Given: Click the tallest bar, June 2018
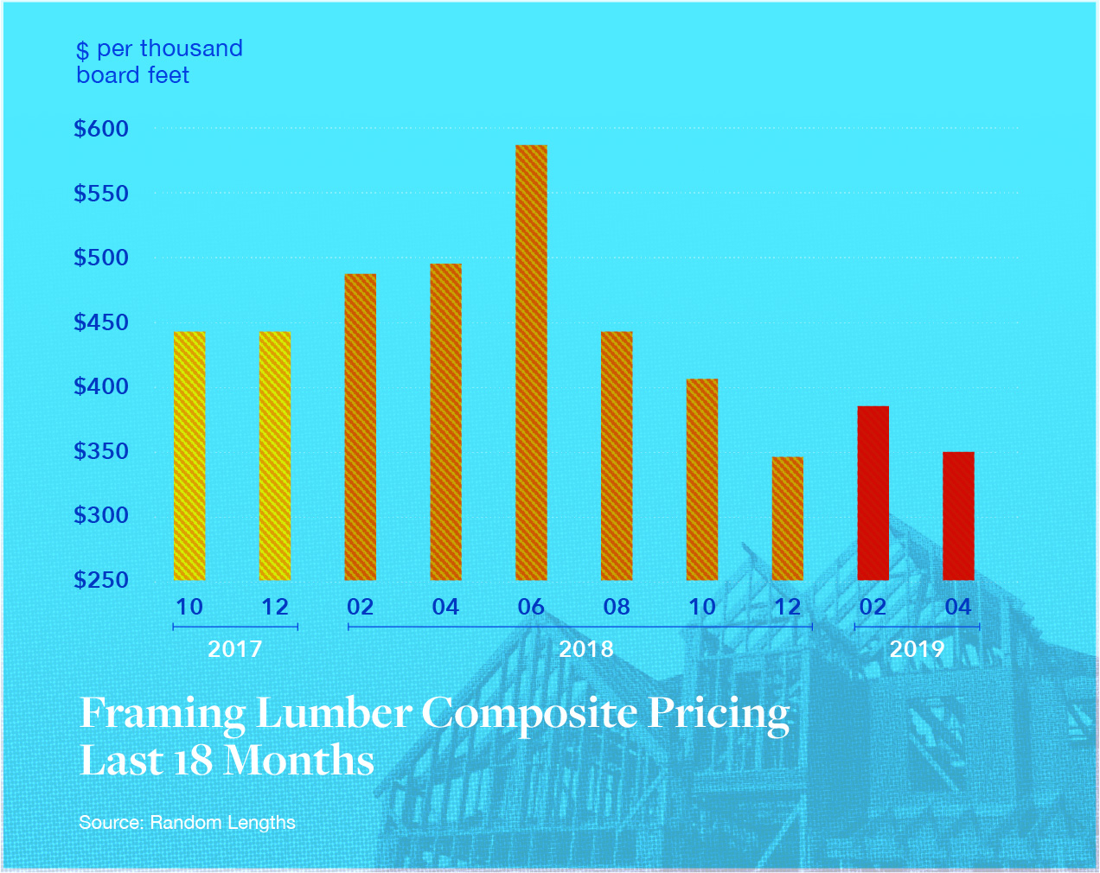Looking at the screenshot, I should pos(531,363).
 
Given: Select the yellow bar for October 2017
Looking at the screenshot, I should pos(189,456).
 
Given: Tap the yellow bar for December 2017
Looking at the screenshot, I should pos(275,456).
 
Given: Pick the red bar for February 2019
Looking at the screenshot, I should pos(873,493).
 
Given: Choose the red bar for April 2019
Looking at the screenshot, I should pos(958,516).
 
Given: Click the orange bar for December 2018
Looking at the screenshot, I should pos(787,519).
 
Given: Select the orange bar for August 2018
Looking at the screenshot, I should pos(617,456).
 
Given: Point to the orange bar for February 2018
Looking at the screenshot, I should pos(361,427).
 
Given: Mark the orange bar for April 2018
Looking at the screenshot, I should pos(445,422).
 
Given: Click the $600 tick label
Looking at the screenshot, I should pos(101,130).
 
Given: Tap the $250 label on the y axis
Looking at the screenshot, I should pos(101,580).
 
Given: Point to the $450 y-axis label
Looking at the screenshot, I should pos(101,323).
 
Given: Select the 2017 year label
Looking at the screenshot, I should pos(235,649).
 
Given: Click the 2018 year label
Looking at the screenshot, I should pos(585,649).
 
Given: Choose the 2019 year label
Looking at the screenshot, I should pos(917,649).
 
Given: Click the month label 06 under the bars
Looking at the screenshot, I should pos(531,608).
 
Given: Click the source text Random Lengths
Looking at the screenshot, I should pos(222,823).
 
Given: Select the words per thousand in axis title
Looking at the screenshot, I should pos(169,49).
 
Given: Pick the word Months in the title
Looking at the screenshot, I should pos(298,761).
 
